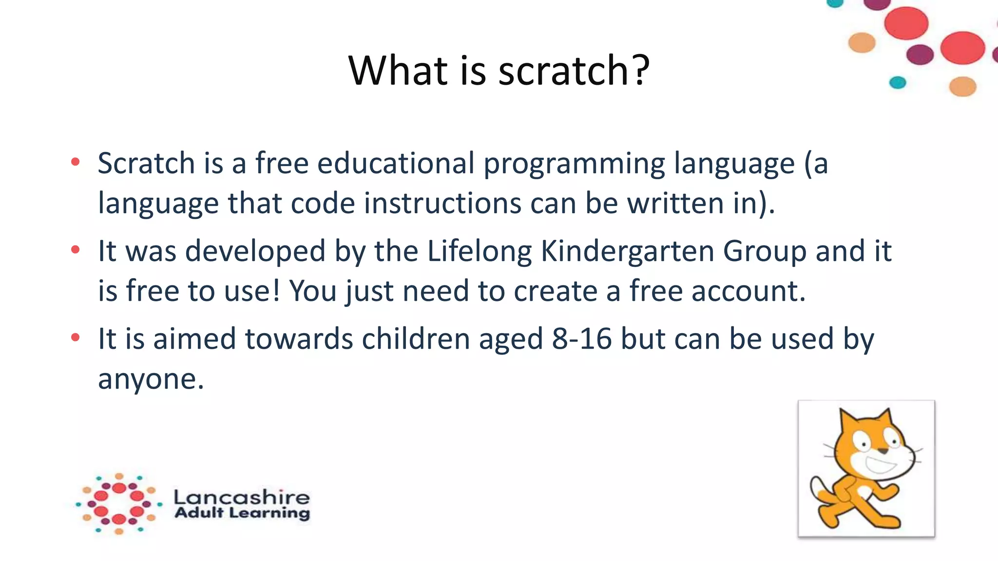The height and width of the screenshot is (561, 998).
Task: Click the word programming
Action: coord(574,165)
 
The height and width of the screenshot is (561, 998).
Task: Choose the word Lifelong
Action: coord(479,252)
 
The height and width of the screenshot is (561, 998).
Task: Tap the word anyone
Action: coord(151,379)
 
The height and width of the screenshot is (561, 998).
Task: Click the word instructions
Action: coord(442,203)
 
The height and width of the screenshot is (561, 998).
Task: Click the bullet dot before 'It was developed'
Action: coord(75,250)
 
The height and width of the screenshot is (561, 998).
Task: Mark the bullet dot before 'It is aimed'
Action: coord(75,337)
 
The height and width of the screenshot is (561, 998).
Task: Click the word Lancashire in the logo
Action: coord(241,497)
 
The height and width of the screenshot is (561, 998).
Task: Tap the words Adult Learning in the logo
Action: coord(242,513)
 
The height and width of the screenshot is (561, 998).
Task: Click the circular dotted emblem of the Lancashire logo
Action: coord(119,504)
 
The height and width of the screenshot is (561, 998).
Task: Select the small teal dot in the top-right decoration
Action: coord(897,82)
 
